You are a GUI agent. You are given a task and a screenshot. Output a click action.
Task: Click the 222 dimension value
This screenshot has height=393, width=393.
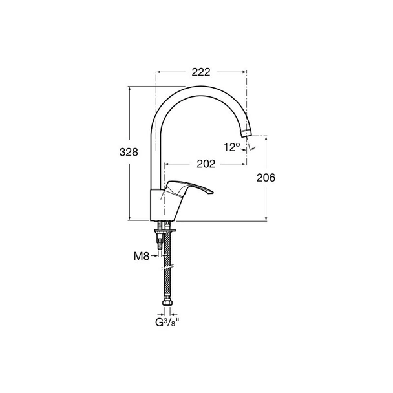click(201, 72)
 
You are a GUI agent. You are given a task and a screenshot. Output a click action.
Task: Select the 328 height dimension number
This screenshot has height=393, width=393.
click(129, 152)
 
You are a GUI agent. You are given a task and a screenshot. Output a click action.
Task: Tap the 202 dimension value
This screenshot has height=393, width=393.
click(206, 164)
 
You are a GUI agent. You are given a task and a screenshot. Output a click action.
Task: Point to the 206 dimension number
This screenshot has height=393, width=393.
click(266, 178)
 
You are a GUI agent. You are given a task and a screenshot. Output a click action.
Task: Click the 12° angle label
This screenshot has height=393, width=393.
click(232, 147)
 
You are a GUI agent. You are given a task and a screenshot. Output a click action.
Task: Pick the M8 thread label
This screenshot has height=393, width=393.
click(142, 256)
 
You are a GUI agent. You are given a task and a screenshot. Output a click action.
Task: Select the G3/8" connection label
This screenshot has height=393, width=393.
click(167, 323)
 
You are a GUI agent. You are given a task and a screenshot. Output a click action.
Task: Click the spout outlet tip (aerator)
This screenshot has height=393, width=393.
click(246, 133)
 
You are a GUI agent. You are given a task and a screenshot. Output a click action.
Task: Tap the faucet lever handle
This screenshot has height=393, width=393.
click(189, 189)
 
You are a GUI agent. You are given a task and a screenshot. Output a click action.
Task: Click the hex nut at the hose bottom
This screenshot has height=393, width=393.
click(167, 303)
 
